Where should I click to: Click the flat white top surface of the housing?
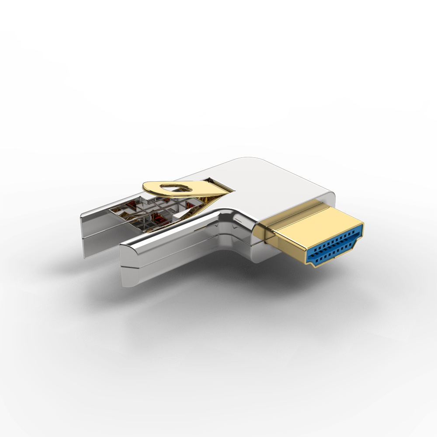[262, 179]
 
